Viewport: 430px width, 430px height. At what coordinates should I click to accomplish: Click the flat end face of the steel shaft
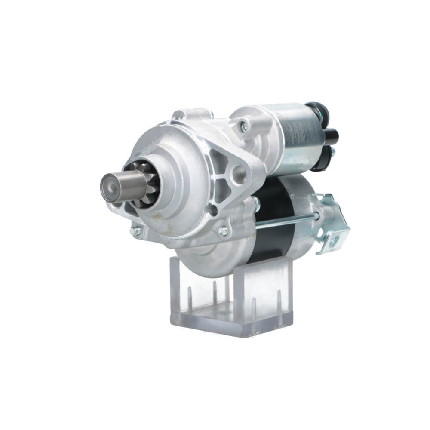coord(107,188)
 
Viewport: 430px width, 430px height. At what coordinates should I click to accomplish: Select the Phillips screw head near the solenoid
coord(243,126)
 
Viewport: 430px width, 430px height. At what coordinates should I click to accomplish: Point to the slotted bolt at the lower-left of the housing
coord(136,231)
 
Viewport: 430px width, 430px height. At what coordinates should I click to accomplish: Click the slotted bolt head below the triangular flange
coord(224,231)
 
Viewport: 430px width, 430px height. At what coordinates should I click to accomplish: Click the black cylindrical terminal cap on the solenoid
coord(332,137)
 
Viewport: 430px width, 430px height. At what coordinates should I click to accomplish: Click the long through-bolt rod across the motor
coord(284,221)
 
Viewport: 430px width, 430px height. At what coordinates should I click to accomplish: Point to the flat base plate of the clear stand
coord(232,322)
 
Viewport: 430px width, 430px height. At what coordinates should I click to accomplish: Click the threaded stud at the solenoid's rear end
coord(332,151)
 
